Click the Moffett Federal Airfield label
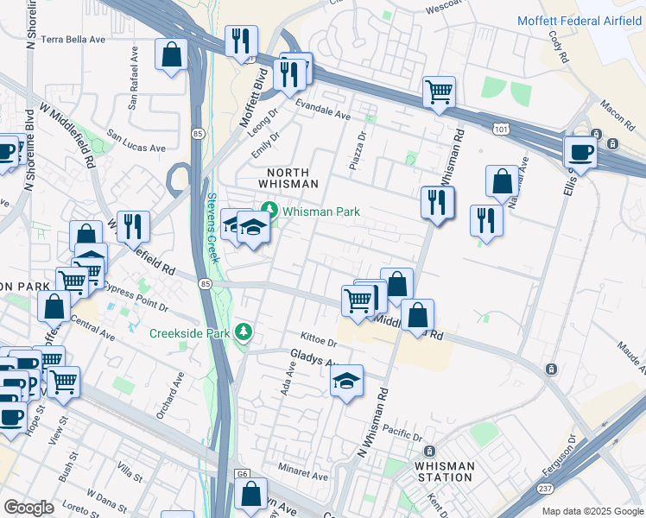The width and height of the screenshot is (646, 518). pyautogui.click(x=580, y=20)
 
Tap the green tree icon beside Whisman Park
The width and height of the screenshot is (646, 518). pyautogui.click(x=269, y=211)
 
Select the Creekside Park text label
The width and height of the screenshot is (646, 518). pyautogui.click(x=191, y=333)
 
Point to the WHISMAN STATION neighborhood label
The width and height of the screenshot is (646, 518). pyautogui.click(x=444, y=471)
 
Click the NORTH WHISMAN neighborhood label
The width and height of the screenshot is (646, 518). pyautogui.click(x=288, y=179)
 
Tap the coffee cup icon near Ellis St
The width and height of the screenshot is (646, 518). pyautogui.click(x=580, y=152)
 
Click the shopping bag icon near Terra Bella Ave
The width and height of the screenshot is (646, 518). pyautogui.click(x=172, y=54)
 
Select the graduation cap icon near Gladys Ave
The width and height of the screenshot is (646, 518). pyautogui.click(x=346, y=381)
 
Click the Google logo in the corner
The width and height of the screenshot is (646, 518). pyautogui.click(x=28, y=507)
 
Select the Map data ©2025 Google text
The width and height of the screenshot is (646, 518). pyautogui.click(x=592, y=511)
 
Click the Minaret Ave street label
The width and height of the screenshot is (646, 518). pyautogui.click(x=302, y=476)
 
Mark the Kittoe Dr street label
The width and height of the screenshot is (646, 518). pyautogui.click(x=318, y=338)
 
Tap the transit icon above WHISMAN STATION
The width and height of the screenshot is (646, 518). pyautogui.click(x=429, y=451)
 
